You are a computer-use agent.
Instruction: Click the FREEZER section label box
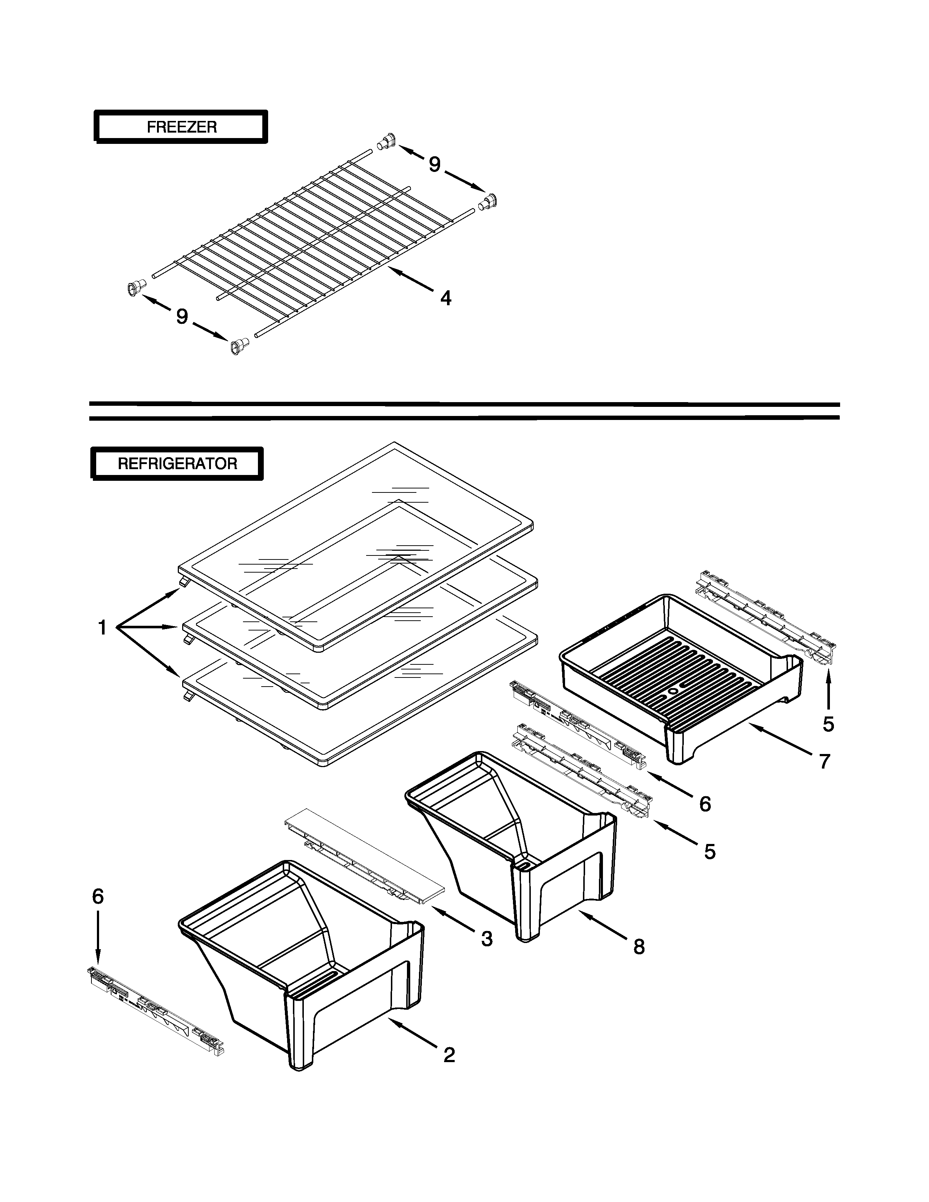181,127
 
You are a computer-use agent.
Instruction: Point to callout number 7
824,761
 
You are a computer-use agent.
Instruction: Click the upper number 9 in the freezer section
435,164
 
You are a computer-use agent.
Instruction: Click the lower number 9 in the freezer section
182,317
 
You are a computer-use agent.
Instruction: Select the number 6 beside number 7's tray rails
705,804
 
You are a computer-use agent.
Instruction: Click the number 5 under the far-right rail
828,724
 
